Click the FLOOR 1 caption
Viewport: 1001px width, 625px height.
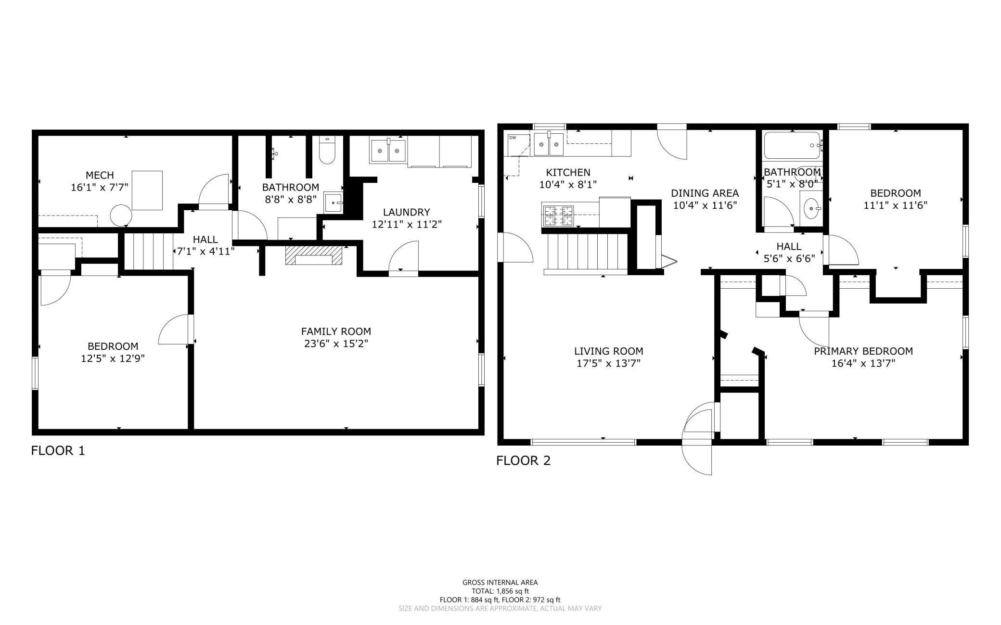pyautogui.click(x=58, y=451)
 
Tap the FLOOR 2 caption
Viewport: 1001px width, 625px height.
pyautogui.click(x=523, y=460)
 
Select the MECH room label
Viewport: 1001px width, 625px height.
pyautogui.click(x=100, y=175)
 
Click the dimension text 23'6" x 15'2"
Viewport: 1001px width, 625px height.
pyautogui.click(x=336, y=344)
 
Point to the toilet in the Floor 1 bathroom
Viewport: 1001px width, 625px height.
pyautogui.click(x=327, y=152)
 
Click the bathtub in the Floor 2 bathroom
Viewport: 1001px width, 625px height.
pyautogui.click(x=792, y=145)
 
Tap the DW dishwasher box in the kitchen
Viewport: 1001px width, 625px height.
pyautogui.click(x=513, y=138)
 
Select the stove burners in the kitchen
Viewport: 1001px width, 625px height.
pyautogui.click(x=558, y=216)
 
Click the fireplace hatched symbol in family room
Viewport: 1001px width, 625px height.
pyautogui.click(x=314, y=255)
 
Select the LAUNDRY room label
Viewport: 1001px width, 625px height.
pyautogui.click(x=406, y=212)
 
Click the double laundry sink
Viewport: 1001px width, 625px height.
pyautogui.click(x=388, y=151)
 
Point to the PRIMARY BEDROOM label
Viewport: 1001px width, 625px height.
pyautogui.click(x=863, y=351)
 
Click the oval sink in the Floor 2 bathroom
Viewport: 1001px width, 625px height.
pyautogui.click(x=813, y=209)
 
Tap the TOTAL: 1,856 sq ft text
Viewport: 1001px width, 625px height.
pyautogui.click(x=500, y=591)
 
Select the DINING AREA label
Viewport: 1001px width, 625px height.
pyautogui.click(x=705, y=193)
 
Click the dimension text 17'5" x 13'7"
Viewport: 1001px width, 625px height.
pyautogui.click(x=608, y=363)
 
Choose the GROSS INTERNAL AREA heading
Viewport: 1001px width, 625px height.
pyautogui.click(x=500, y=582)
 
